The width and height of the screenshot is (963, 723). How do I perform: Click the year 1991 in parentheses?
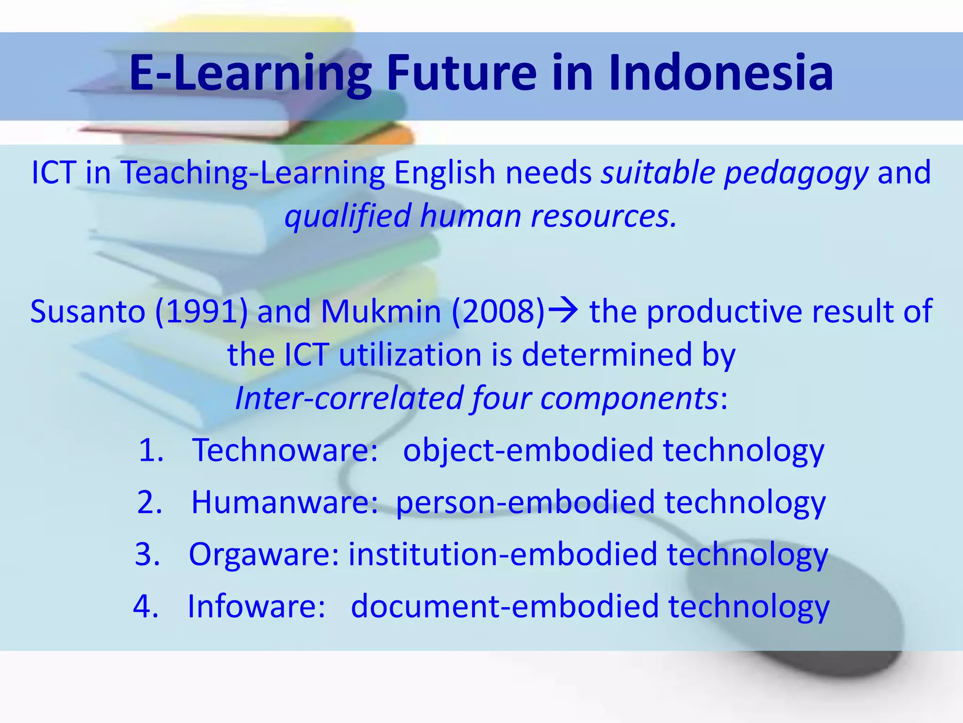[201, 312]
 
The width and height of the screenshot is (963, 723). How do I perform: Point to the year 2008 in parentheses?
[498, 312]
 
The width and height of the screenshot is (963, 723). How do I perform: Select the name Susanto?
[88, 312]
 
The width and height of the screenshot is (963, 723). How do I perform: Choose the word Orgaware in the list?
[263, 554]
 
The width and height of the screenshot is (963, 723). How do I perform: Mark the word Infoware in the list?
[256, 606]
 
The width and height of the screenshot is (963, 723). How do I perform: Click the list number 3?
[147, 554]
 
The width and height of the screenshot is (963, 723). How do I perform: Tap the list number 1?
[150, 450]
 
